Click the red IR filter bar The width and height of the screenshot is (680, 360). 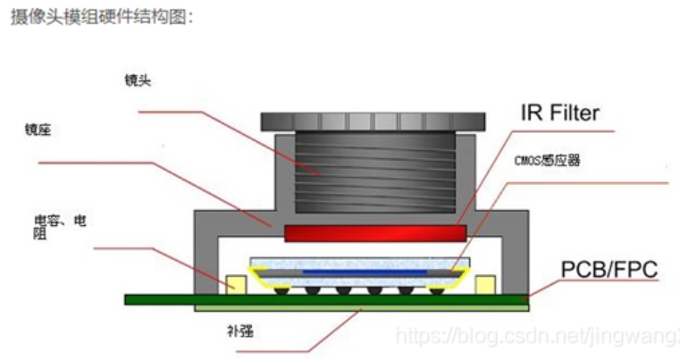point(374,234)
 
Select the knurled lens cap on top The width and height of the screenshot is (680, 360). point(374,120)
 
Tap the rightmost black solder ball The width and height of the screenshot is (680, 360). point(437,290)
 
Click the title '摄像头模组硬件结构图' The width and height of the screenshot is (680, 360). point(102,18)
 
